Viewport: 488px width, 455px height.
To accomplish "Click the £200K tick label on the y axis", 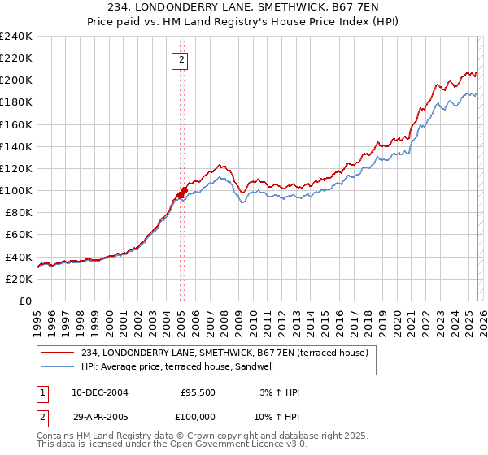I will (15, 80).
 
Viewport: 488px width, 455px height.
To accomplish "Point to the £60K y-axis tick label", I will (18, 235).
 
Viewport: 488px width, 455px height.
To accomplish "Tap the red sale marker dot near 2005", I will (183, 193).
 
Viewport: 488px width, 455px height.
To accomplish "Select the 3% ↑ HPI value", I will (278, 392).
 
